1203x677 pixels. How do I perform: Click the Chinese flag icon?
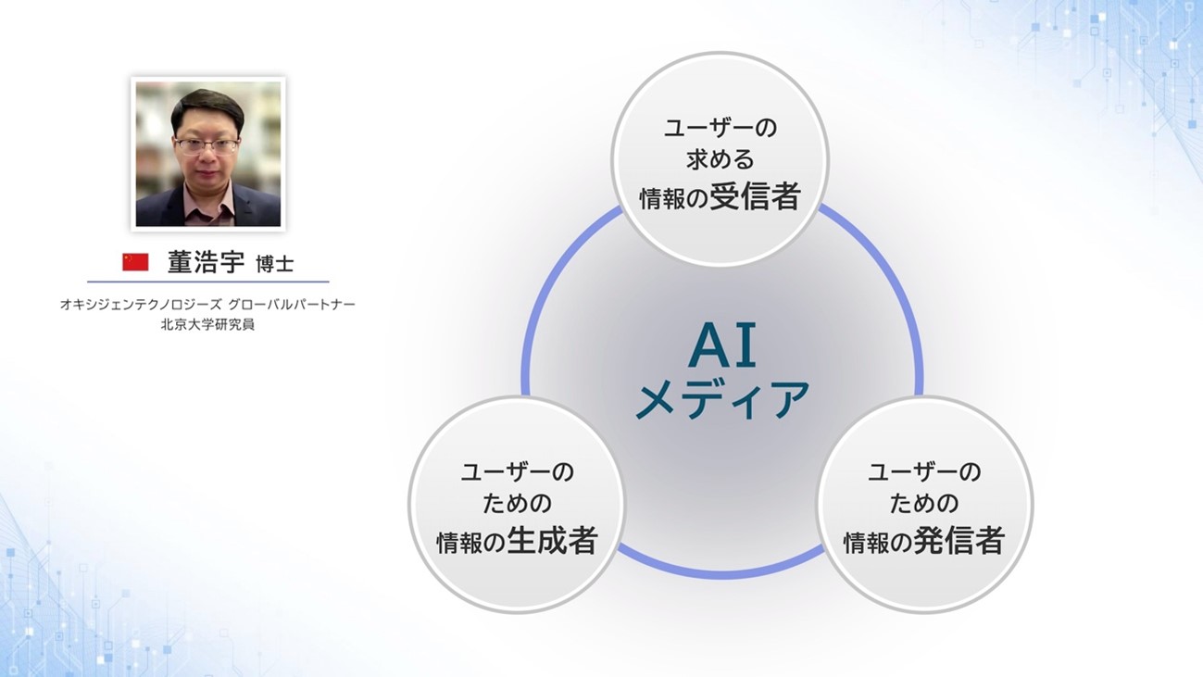135,262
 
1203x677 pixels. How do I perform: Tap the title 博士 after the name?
274,264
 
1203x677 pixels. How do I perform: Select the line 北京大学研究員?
207,325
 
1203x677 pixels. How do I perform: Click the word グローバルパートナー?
292,305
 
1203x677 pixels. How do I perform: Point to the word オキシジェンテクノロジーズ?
141,305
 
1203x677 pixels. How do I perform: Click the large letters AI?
722,346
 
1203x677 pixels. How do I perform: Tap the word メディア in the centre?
722,399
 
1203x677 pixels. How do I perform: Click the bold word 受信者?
755,196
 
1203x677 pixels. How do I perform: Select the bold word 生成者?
552,540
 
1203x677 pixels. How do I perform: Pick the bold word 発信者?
959,540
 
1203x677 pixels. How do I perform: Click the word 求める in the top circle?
721,159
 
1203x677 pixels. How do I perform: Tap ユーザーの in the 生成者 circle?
518,472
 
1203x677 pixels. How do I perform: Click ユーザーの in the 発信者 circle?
924,472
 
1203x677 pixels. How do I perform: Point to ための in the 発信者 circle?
924,504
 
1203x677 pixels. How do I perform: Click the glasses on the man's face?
207,145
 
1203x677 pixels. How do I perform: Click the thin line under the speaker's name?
208,282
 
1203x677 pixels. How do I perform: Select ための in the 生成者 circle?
517,504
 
